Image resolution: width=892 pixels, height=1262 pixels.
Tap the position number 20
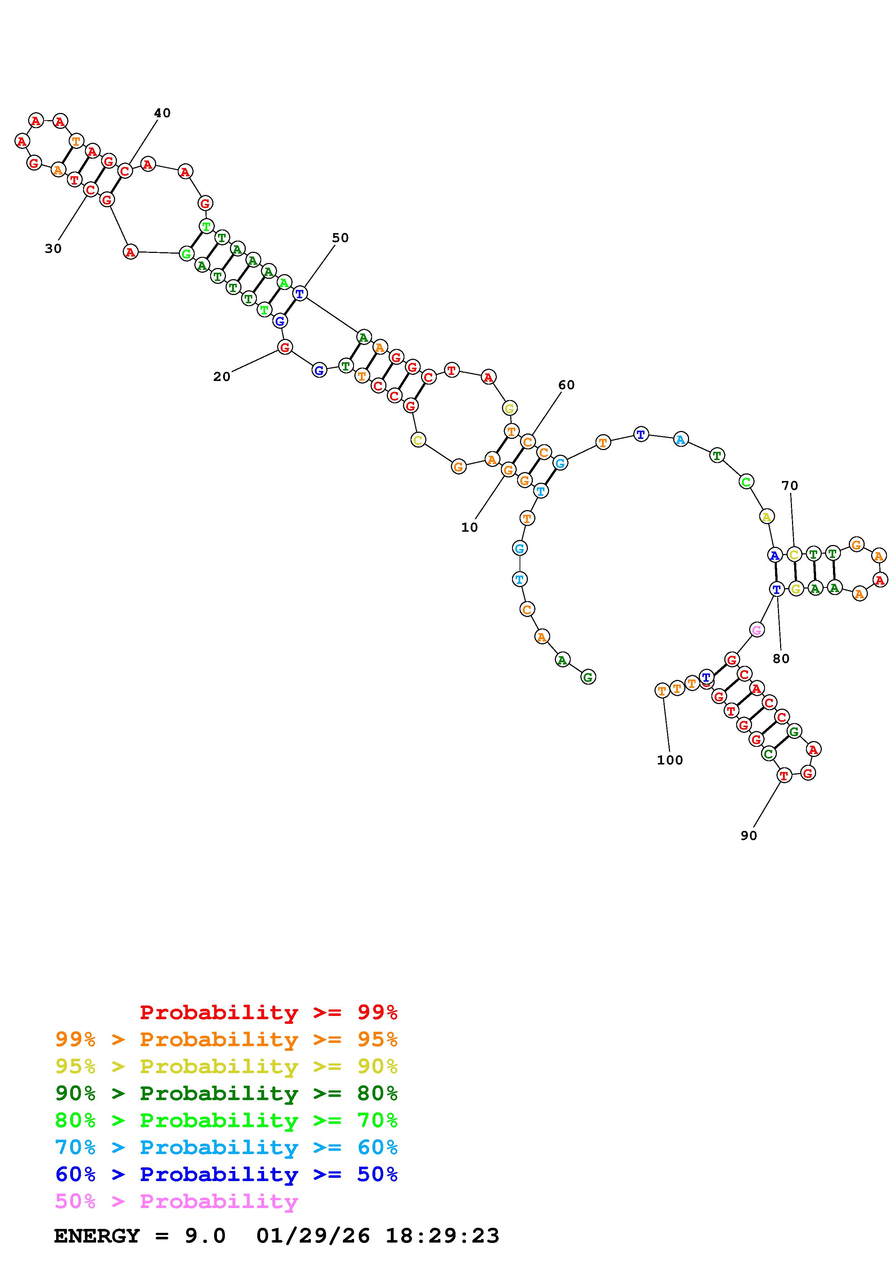222,377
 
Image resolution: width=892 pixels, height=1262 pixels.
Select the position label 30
53,249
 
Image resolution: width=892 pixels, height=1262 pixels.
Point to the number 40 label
162,113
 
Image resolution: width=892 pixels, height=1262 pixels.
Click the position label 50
340,238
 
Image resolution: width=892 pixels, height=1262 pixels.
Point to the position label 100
669,760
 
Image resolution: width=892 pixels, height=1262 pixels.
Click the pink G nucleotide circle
756,630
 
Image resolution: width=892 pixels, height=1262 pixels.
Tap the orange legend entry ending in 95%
226,1039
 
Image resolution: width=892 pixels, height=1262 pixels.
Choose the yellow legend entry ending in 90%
226,1066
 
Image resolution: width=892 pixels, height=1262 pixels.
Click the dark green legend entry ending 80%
226,1093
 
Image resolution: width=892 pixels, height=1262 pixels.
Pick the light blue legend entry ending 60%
226,1147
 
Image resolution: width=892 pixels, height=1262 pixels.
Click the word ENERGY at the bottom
97,1236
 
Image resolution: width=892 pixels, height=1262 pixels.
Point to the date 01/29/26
313,1236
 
